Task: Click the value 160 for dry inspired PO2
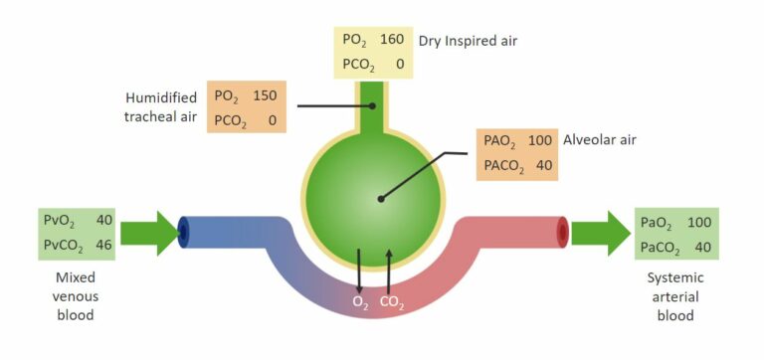pyautogui.click(x=390, y=41)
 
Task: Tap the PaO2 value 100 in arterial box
pyautogui.click(x=700, y=221)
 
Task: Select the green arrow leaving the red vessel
pyautogui.click(x=601, y=234)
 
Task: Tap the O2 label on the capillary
pyautogui.click(x=360, y=301)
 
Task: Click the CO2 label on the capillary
pyautogui.click(x=390, y=301)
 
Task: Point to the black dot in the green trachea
pyautogui.click(x=373, y=104)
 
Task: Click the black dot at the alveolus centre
pyautogui.click(x=380, y=198)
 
